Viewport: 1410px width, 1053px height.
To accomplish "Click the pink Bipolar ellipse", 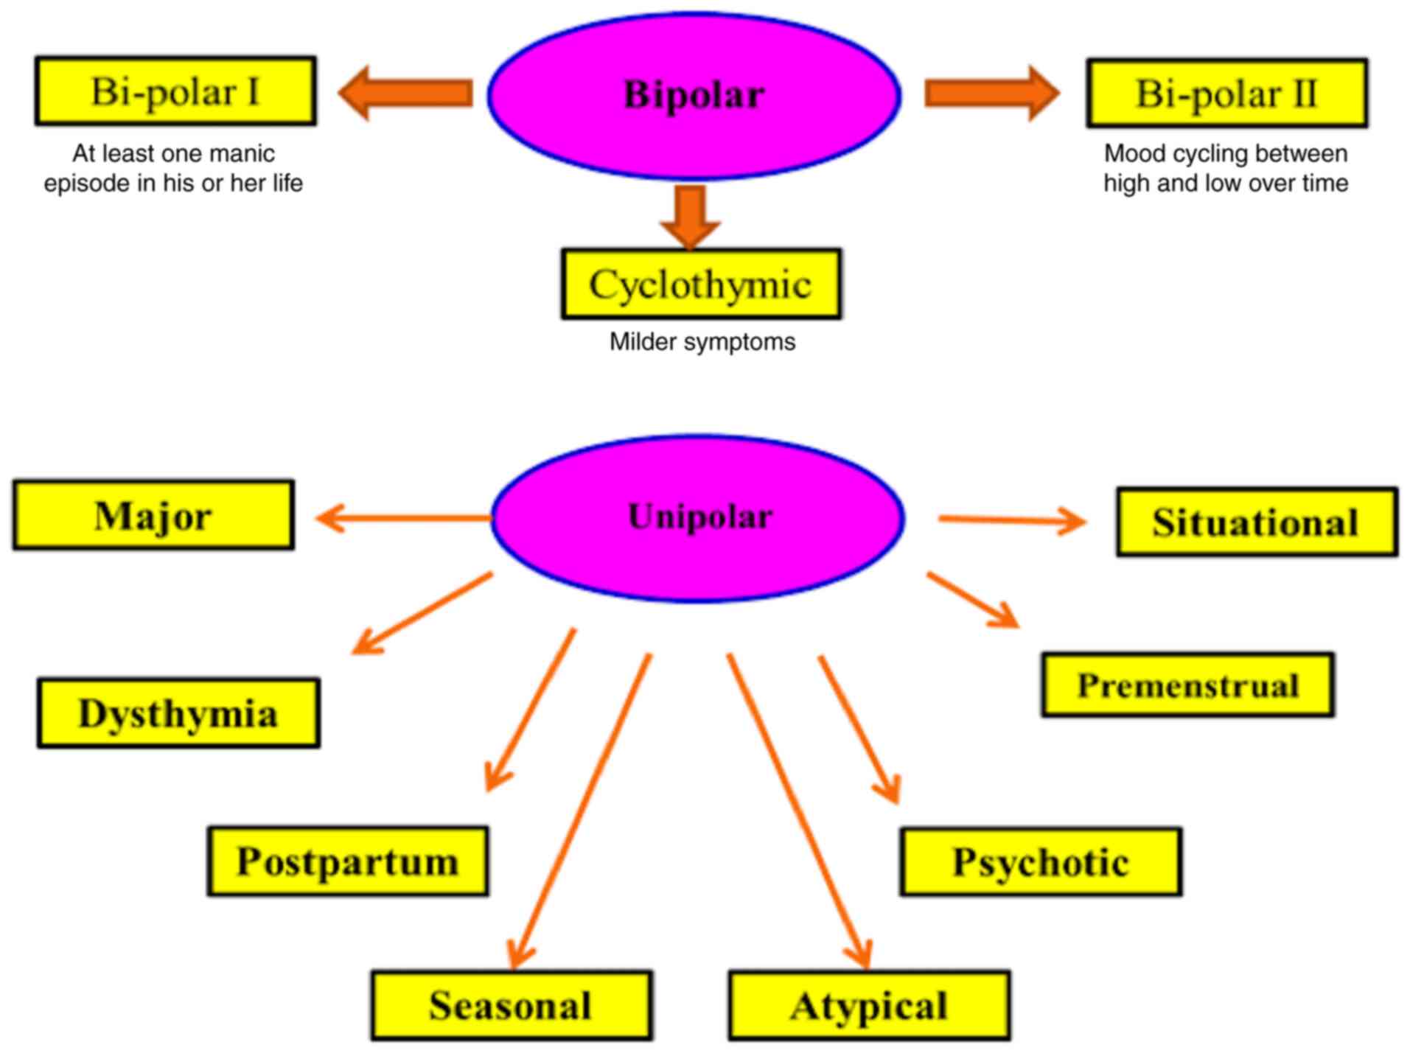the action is pyautogui.click(x=694, y=95).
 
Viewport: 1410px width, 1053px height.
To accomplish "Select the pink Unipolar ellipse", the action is pyautogui.click(x=697, y=518).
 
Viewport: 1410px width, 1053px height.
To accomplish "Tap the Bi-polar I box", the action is pyautogui.click(x=175, y=91).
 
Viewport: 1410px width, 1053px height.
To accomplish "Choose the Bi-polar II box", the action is pyautogui.click(x=1226, y=93).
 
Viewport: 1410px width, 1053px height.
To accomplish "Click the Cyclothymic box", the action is pyautogui.click(x=701, y=284).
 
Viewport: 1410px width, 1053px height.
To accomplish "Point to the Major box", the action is pyautogui.click(x=153, y=514).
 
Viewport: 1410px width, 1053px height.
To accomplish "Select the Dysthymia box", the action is pyautogui.click(x=178, y=713).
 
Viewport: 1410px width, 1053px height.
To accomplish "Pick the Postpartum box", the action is pyautogui.click(x=348, y=861).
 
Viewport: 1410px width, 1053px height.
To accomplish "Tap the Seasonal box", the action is pyautogui.click(x=512, y=1005).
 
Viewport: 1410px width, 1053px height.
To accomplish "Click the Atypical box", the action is pyautogui.click(x=869, y=1005).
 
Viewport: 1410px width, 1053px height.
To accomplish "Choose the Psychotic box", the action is pyautogui.click(x=1041, y=861).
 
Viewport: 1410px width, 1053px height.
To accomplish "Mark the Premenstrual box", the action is pyautogui.click(x=1187, y=685).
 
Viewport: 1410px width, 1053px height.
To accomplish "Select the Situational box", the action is pyautogui.click(x=1257, y=522).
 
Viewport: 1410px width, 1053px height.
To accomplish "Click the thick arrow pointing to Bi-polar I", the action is pyautogui.click(x=405, y=93).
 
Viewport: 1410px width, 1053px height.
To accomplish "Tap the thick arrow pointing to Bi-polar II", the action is pyautogui.click(x=993, y=93).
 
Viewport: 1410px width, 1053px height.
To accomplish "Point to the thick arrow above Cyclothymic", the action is pyautogui.click(x=690, y=217).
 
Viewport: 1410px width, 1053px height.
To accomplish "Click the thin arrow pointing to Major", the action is pyautogui.click(x=403, y=518).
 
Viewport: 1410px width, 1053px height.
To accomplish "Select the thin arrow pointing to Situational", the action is pyautogui.click(x=1012, y=520).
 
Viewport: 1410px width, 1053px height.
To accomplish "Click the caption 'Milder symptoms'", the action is pyautogui.click(x=702, y=342).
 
